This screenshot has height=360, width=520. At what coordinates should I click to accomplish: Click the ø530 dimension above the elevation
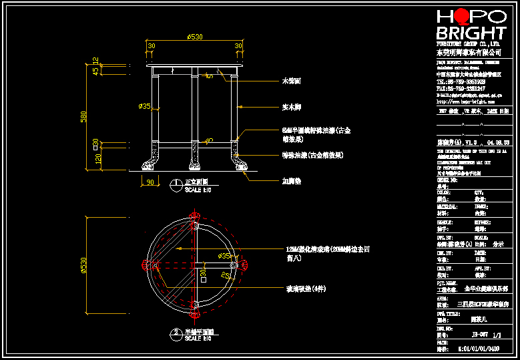(195, 37)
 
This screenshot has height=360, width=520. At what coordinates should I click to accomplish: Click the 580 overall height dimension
(84, 116)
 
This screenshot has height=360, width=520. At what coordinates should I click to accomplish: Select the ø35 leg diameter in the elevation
(144, 106)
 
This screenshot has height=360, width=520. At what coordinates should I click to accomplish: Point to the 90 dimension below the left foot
(150, 182)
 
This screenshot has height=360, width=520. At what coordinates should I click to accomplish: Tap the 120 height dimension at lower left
(97, 158)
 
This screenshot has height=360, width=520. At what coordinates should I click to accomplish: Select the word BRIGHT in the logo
(471, 33)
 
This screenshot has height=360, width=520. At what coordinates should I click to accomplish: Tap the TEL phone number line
(461, 81)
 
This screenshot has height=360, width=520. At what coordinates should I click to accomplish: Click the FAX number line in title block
(461, 87)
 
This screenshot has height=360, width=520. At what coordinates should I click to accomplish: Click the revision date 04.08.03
(498, 142)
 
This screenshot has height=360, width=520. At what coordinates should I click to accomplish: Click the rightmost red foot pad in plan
(244, 265)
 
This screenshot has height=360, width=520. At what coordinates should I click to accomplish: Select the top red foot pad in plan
(195, 218)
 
